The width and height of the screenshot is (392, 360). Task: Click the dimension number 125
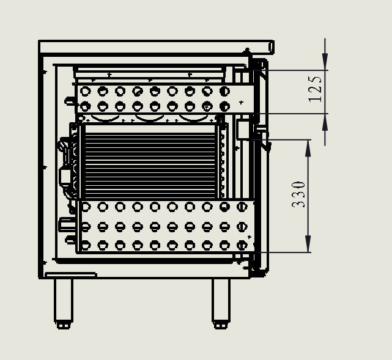pyautogui.click(x=315, y=89)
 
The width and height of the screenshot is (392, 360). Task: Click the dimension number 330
pyautogui.click(x=299, y=195)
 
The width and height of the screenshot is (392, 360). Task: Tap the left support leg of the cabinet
pyautogui.click(x=64, y=300)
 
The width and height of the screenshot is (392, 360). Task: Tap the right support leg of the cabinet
pyautogui.click(x=221, y=300)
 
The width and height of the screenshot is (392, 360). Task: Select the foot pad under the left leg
pyautogui.click(x=64, y=325)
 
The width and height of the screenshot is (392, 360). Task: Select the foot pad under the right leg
pyautogui.click(x=221, y=325)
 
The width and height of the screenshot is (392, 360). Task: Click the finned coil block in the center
pyautogui.click(x=150, y=161)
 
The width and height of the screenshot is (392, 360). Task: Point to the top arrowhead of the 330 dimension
pyautogui.click(x=308, y=148)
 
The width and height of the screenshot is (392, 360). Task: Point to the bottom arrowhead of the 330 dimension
pyautogui.click(x=308, y=244)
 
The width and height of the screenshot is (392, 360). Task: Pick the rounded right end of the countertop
pyautogui.click(x=272, y=47)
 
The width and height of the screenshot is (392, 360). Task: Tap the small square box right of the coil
pyautogui.click(x=243, y=129)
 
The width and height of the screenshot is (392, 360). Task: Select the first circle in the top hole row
pyautogui.click(x=85, y=91)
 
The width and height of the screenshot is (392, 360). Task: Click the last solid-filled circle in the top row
pyautogui.click(x=224, y=91)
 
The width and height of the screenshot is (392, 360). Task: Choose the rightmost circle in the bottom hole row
pyautogui.click(x=242, y=245)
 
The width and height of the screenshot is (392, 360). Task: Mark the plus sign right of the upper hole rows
pyautogui.click(x=241, y=102)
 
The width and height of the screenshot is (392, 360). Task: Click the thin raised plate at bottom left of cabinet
pyautogui.click(x=71, y=275)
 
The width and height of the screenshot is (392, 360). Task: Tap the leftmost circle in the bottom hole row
pyautogui.click(x=85, y=245)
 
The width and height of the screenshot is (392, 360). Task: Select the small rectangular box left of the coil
pyautogui.click(x=65, y=177)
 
